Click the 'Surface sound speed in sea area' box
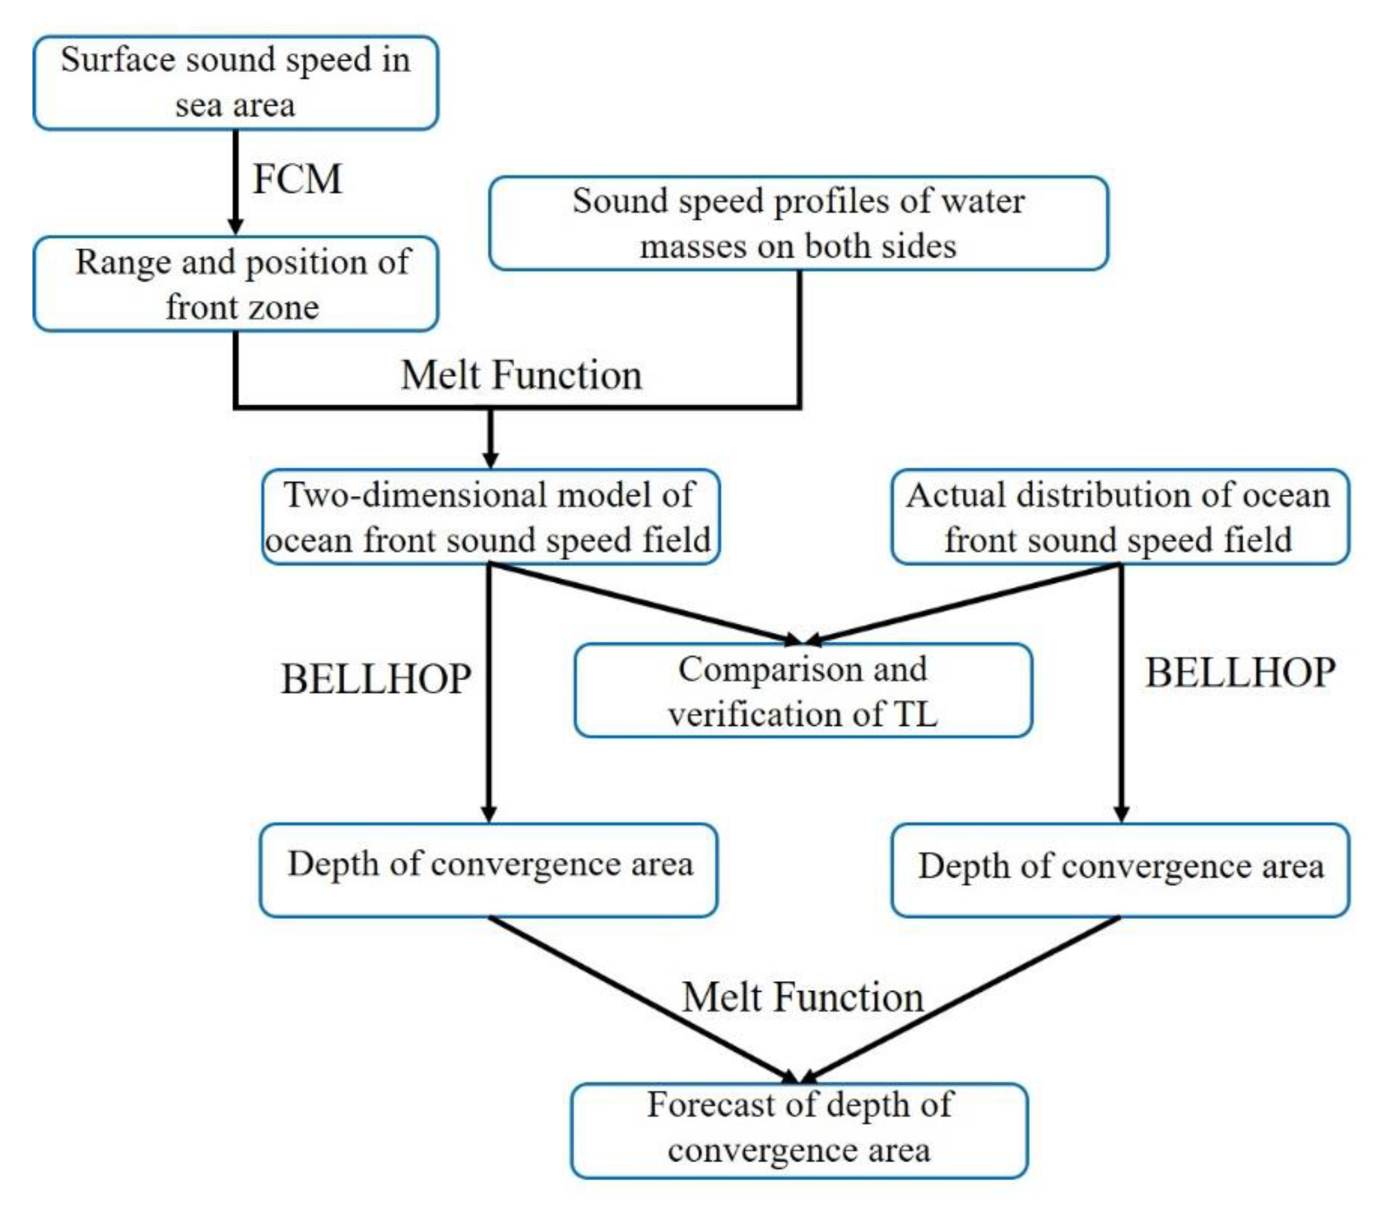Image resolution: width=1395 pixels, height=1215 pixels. (235, 83)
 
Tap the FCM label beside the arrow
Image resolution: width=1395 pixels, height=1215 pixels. (297, 180)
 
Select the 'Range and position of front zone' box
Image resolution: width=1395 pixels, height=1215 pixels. (235, 284)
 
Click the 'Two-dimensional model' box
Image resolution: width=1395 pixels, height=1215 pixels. (490, 517)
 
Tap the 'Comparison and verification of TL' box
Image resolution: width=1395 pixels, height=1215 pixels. (803, 690)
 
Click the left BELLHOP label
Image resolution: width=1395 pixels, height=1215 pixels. (376, 678)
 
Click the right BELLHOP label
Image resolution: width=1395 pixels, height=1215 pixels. (1240, 674)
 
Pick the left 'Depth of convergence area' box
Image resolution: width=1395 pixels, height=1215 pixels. (488, 870)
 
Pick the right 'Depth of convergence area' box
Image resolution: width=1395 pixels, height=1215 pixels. (1120, 870)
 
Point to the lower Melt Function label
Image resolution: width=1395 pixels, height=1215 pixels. (803, 997)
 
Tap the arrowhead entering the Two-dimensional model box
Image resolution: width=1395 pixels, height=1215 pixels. (491, 459)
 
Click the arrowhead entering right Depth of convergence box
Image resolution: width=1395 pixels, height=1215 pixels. (1121, 813)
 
